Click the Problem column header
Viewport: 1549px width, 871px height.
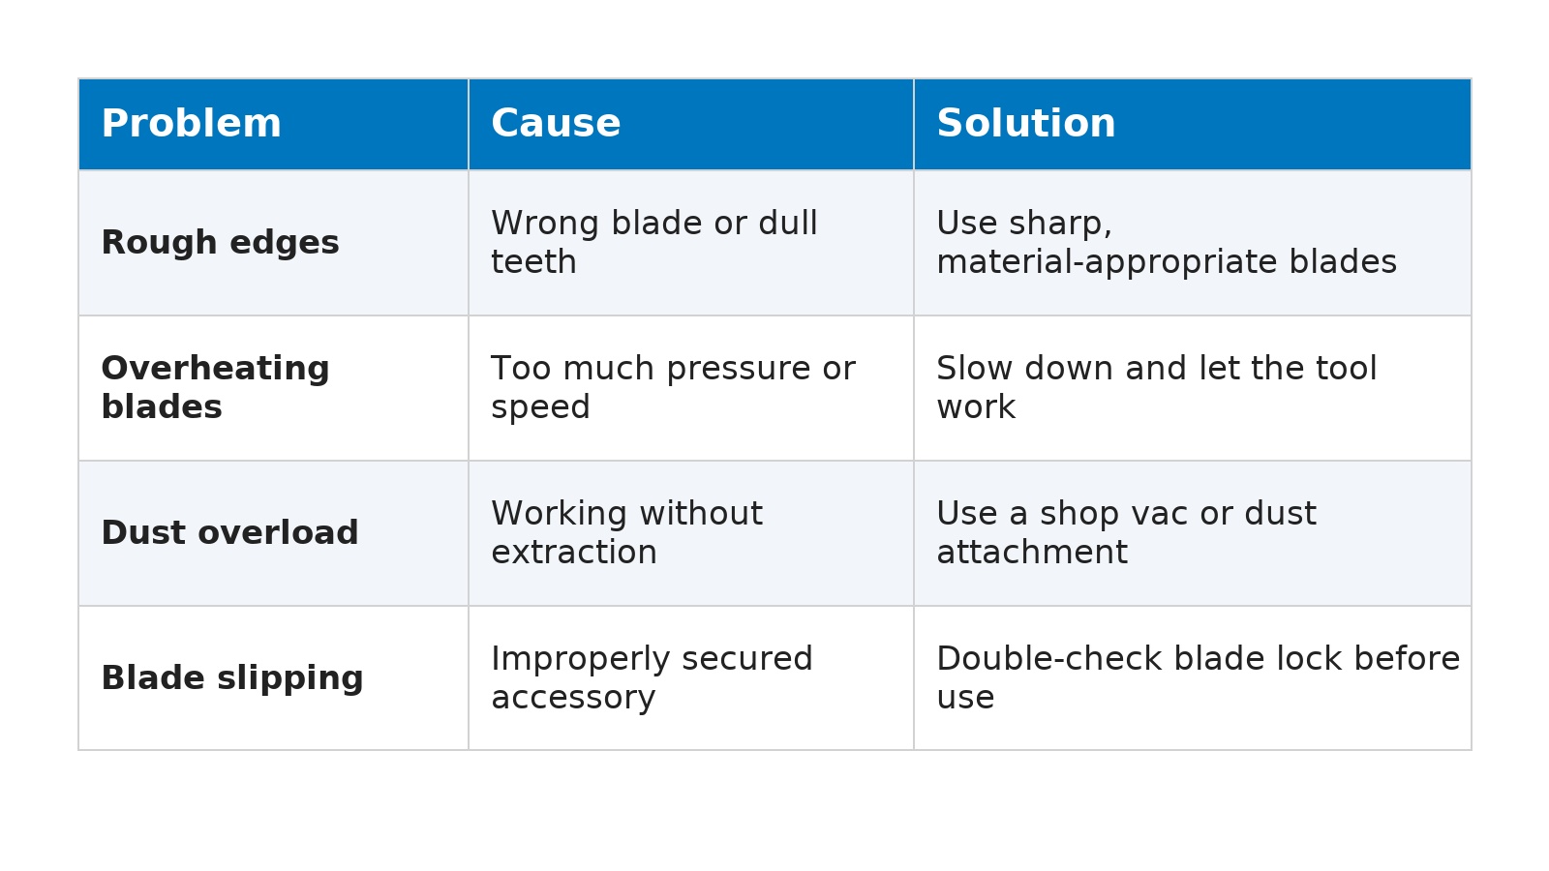(x=192, y=123)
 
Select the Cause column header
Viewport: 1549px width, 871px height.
(x=556, y=123)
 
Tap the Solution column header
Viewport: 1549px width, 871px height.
(x=1025, y=123)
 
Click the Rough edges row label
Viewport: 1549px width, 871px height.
(x=220, y=243)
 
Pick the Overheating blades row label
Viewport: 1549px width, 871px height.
(x=215, y=387)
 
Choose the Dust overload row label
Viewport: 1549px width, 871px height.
(x=229, y=533)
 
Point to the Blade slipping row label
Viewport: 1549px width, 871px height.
(x=231, y=678)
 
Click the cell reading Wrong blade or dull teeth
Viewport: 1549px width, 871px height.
(x=654, y=242)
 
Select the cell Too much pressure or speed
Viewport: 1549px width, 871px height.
(x=673, y=387)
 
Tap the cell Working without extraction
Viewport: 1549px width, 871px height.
(x=626, y=532)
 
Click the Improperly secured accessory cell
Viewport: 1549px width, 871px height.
(x=652, y=677)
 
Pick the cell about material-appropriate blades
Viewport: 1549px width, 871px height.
(x=1167, y=242)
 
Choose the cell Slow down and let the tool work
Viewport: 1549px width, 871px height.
(x=1156, y=387)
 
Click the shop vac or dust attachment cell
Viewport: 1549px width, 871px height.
(x=1126, y=532)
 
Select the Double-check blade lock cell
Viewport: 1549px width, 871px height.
(x=1198, y=677)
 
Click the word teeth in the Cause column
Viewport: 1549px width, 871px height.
(x=533, y=262)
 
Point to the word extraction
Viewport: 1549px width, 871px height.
(x=573, y=553)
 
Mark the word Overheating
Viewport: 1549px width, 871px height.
(x=215, y=369)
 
